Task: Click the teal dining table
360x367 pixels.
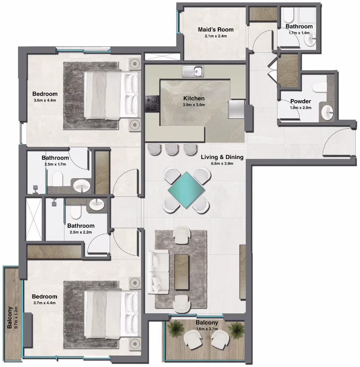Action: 186,190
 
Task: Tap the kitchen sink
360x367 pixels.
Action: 193,71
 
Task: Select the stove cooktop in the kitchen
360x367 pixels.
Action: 152,103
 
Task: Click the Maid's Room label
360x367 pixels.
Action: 216,29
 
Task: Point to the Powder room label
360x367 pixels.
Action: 301,101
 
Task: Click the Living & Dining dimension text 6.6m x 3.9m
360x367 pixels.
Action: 222,164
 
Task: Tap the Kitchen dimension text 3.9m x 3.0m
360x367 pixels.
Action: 194,105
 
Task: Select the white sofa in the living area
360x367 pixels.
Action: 158,272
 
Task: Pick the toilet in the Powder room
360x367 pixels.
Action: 319,87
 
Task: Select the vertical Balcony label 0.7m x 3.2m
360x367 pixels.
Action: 12,317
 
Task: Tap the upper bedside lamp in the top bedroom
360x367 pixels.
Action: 135,63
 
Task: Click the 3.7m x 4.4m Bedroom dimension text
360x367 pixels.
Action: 45,303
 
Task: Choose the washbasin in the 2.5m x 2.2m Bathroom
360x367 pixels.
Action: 97,204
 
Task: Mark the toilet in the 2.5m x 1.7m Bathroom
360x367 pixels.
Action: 57,179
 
